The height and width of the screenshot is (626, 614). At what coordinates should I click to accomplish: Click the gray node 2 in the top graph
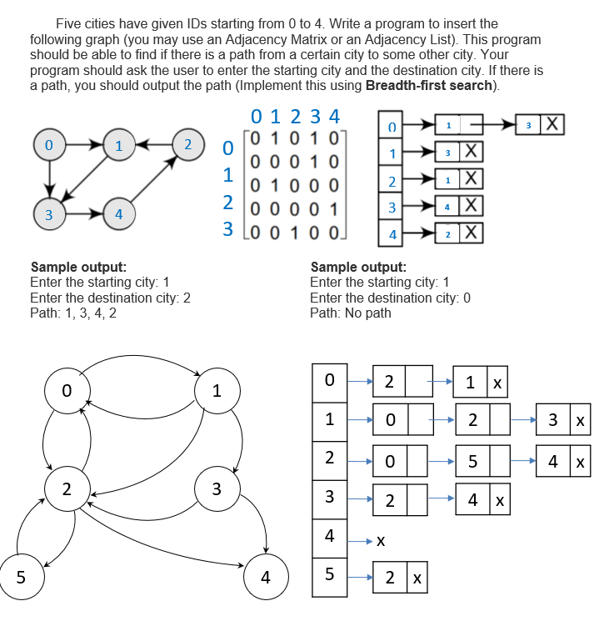(189, 144)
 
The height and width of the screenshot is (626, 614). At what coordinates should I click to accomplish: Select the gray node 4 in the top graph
(118, 213)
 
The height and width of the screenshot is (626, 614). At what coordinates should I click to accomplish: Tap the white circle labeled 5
(21, 576)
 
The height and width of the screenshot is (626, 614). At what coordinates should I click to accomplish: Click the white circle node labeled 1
(217, 390)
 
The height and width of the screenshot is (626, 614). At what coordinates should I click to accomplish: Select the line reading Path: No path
(350, 313)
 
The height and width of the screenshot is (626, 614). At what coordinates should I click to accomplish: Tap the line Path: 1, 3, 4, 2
(73, 313)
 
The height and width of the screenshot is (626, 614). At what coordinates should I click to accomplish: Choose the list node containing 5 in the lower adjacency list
(472, 459)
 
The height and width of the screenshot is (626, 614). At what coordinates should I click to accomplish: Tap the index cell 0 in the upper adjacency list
(392, 127)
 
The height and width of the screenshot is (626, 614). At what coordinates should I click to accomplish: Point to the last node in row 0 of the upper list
(540, 125)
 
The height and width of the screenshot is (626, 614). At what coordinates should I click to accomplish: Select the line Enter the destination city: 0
(390, 298)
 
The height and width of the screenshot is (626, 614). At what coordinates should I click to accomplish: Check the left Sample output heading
(78, 268)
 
